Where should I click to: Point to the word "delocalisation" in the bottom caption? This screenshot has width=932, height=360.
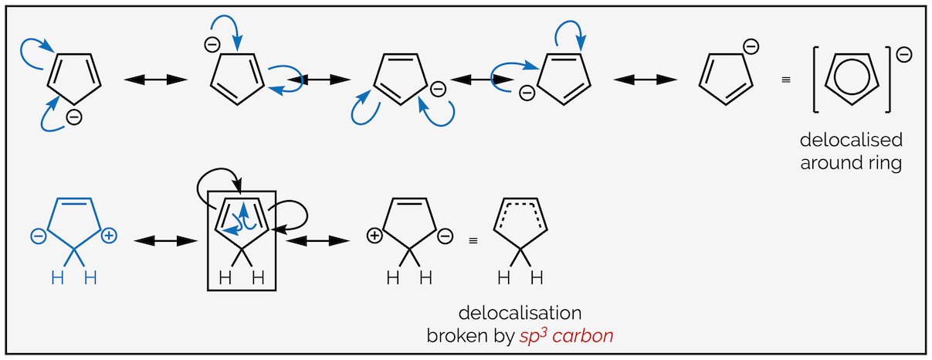[x=519, y=313]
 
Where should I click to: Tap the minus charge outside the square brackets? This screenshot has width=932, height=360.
[x=904, y=54]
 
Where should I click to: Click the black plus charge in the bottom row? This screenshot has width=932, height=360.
[x=374, y=236]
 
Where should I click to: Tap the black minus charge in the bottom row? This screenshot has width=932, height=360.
[x=445, y=236]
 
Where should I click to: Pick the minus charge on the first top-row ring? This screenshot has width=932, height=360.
[x=73, y=117]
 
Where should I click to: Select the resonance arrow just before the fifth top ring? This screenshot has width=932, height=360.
[x=644, y=80]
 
